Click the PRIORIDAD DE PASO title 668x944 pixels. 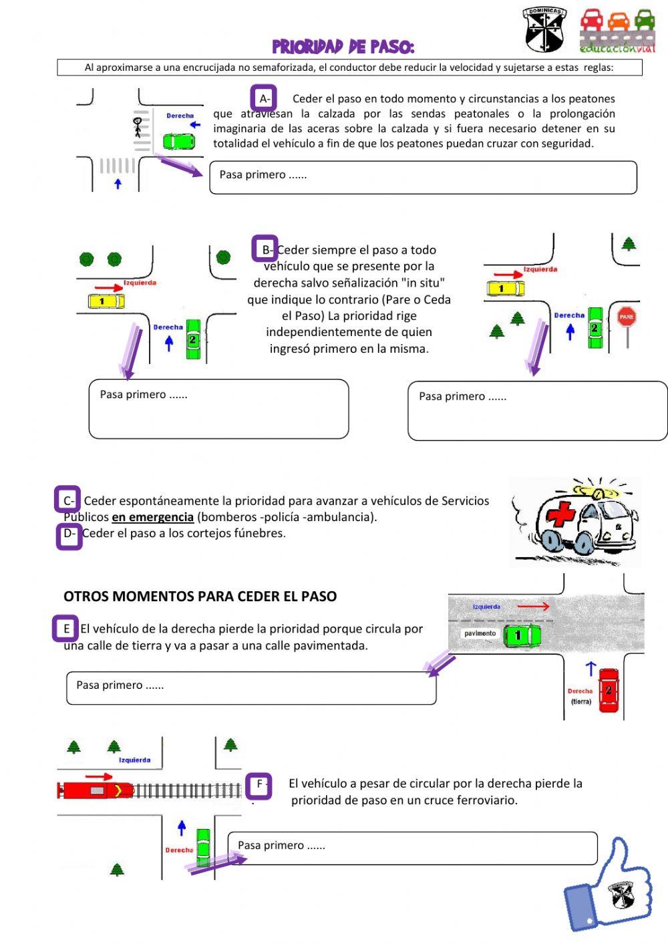(x=343, y=46)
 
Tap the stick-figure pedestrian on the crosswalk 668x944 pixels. (x=138, y=127)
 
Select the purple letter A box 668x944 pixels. (x=264, y=99)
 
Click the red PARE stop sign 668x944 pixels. (x=626, y=317)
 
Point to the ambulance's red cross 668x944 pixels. (x=561, y=516)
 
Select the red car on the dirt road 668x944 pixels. (x=608, y=691)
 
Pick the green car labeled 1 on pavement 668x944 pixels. (x=521, y=635)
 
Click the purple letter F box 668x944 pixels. (x=259, y=786)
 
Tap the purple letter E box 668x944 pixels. (x=65, y=629)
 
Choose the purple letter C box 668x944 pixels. (x=67, y=500)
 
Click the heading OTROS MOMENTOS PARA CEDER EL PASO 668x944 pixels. (x=200, y=597)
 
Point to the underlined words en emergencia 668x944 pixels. (x=152, y=517)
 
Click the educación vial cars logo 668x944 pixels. (x=618, y=30)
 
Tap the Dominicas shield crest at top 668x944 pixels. (x=544, y=30)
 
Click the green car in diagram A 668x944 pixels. (x=178, y=141)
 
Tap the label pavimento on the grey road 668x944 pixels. (x=480, y=633)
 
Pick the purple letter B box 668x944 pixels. (x=265, y=249)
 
